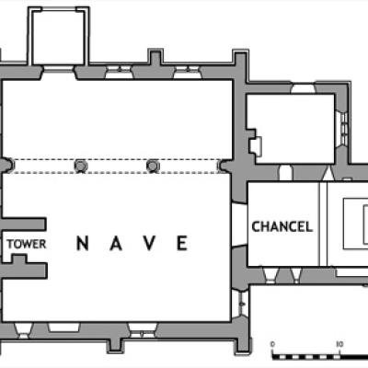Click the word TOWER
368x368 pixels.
[27, 244]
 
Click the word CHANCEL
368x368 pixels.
[282, 226]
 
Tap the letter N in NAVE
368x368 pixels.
[83, 243]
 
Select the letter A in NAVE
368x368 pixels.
[116, 243]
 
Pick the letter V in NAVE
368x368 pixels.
[149, 243]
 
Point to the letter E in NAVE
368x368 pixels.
[182, 243]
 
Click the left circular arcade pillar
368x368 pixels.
[81, 166]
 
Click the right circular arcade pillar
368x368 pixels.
[153, 166]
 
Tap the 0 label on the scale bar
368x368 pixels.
[272, 344]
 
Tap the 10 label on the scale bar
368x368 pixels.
[339, 344]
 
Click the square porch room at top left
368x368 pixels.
[58, 38]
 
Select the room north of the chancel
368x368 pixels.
[291, 129]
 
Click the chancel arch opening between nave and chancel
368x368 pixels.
[239, 224]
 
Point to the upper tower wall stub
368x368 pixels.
[24, 224]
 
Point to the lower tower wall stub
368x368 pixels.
[24, 269]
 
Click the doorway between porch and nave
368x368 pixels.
[58, 73]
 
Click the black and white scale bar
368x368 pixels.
[320, 357]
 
